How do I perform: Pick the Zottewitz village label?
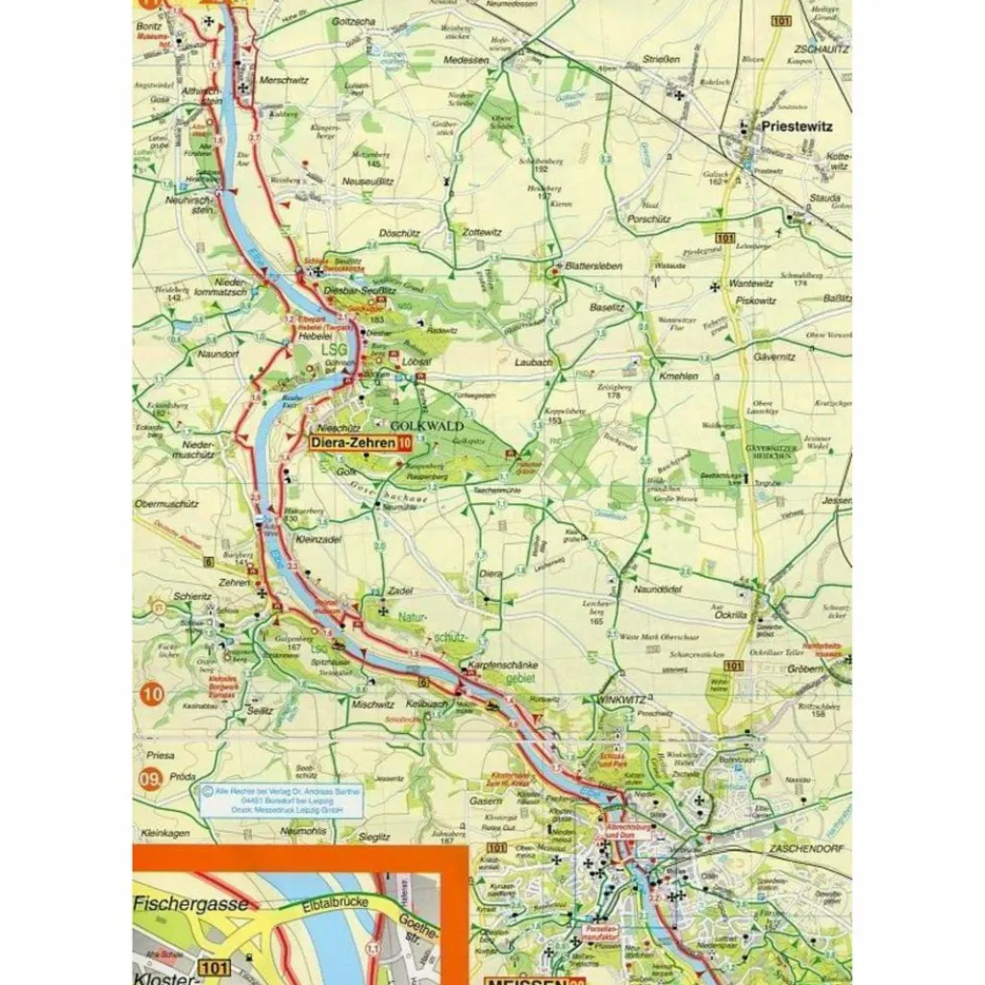pyautogui.click(x=482, y=232)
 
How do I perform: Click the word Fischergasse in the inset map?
pyautogui.click(x=191, y=904)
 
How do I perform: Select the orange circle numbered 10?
pyautogui.click(x=151, y=693)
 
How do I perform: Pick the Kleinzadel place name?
pyautogui.click(x=319, y=541)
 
